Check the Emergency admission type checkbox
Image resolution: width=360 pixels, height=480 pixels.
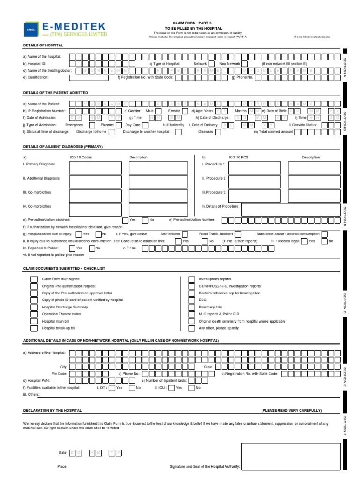pyautogui.click(x=91, y=125)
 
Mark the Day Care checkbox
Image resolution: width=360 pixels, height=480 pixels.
pyautogui.click(x=145, y=125)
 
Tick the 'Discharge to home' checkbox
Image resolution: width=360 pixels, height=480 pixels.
pyautogui.click(x=112, y=132)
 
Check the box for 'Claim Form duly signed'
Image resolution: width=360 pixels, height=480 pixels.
pyautogui.click(x=35, y=279)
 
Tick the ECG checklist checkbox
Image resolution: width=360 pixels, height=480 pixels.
pyautogui.click(x=192, y=300)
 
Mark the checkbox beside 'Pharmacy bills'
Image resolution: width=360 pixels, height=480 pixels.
pyautogui.click(x=192, y=307)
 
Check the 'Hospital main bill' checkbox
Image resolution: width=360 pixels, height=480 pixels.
pyautogui.click(x=35, y=321)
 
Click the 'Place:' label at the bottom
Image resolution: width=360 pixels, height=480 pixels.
pyautogui.click(x=62, y=466)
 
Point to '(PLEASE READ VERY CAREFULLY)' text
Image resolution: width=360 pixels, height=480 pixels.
pyautogui.click(x=291, y=410)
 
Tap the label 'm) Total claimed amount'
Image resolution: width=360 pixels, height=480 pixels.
pyautogui.click(x=273, y=132)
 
